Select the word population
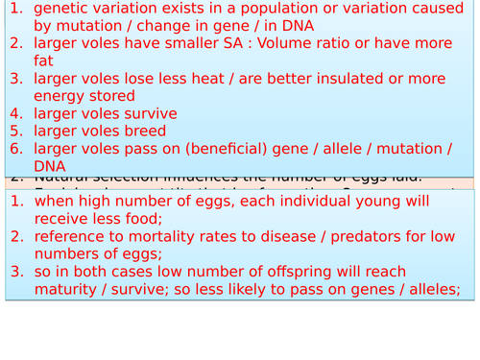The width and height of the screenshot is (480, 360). pyautogui.click(x=234, y=10)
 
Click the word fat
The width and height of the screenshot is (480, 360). pyautogui.click(x=44, y=62)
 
